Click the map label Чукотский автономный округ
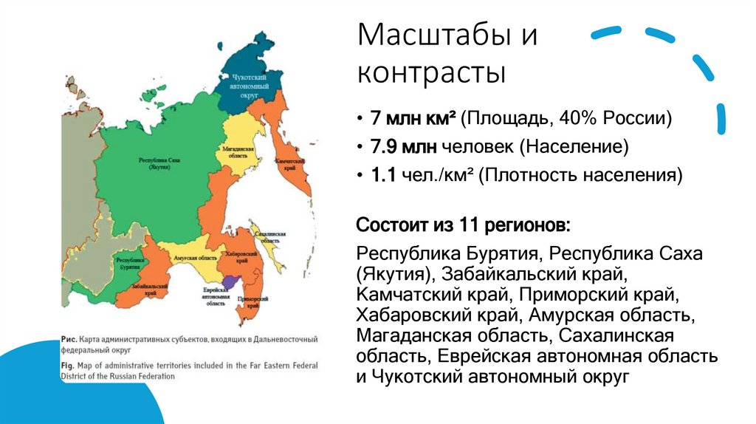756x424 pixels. (249, 86)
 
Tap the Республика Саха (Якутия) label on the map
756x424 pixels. (159, 163)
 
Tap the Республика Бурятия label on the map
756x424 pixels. (129, 264)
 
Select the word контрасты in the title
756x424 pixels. (432, 73)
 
